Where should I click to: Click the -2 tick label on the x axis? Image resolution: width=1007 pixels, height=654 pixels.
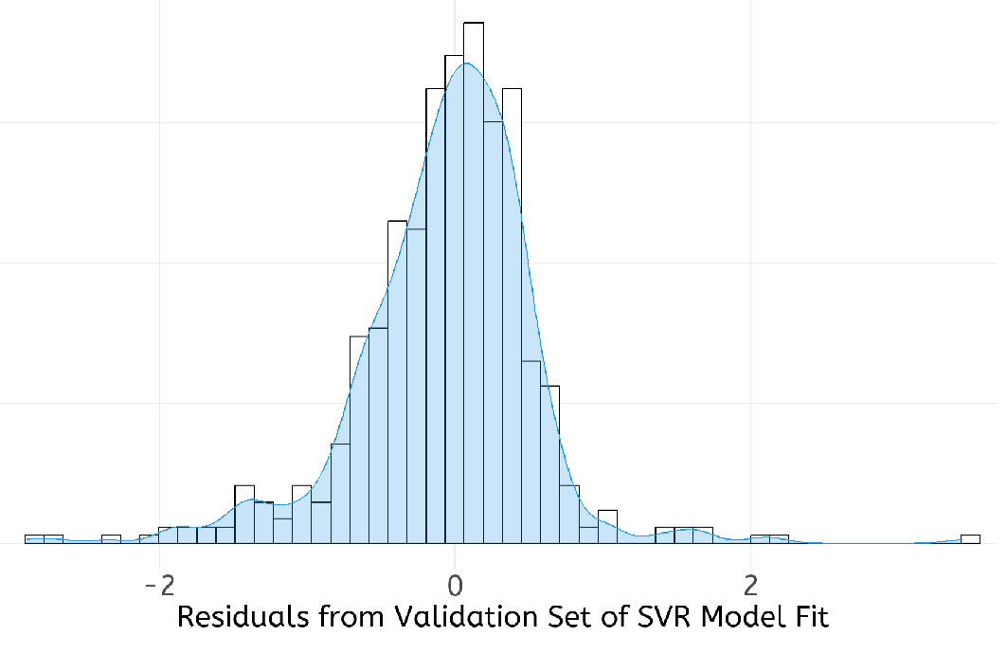(x=159, y=580)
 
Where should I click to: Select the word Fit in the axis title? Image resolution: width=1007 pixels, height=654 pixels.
(x=807, y=618)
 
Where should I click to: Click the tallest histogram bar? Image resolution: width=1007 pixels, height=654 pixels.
(x=474, y=284)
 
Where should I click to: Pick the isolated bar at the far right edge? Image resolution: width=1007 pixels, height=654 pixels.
(x=970, y=539)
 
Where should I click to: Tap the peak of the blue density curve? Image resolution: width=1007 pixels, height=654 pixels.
(x=464, y=64)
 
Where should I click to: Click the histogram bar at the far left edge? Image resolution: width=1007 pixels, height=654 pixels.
(x=34, y=539)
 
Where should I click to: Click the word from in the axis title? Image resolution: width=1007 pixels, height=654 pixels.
(x=336, y=618)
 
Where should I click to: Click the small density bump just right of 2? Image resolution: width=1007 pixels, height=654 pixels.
(x=769, y=538)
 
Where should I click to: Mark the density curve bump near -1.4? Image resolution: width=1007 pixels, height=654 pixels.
(x=248, y=500)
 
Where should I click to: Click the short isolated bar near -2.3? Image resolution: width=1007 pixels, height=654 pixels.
(x=111, y=539)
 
